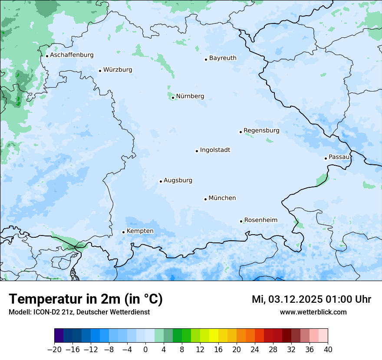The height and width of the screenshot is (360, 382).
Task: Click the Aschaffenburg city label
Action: pos(72,55)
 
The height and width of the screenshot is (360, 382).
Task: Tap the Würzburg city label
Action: pos(118,70)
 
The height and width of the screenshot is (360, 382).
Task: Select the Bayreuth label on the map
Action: pos(223,58)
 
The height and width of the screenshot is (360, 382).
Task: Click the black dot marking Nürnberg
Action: pos(173,98)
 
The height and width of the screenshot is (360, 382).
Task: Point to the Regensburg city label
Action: pos(261,131)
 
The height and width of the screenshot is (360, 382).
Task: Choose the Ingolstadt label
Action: pos(215,150)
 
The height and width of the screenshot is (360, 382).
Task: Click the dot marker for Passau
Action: pos(326,158)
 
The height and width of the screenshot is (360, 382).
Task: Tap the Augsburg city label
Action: pos(178,180)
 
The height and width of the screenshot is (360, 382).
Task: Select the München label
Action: pos(222,198)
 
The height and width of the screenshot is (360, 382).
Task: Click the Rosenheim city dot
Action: pos(241,221)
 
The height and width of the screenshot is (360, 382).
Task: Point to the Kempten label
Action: pos(140,231)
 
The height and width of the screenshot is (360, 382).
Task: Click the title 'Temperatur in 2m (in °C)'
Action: pos(86,299)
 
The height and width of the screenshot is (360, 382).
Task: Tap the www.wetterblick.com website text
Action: pos(313,312)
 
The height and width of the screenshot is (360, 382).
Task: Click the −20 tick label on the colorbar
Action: pos(54,350)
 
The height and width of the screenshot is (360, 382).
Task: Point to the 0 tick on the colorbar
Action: pos(145,350)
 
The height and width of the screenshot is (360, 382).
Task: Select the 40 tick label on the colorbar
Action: pos(328,350)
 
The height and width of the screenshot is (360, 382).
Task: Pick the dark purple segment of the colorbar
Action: pos(59,336)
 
